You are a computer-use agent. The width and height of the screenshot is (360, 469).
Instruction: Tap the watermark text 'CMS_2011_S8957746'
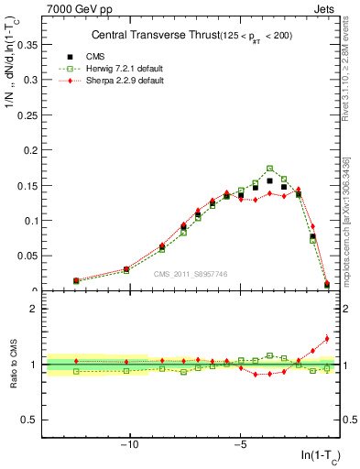pos(191,274)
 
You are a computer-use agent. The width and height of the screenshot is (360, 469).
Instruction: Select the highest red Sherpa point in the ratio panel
pos(327,338)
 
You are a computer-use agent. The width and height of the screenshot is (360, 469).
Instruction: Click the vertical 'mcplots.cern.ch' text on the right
pos(352,229)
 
